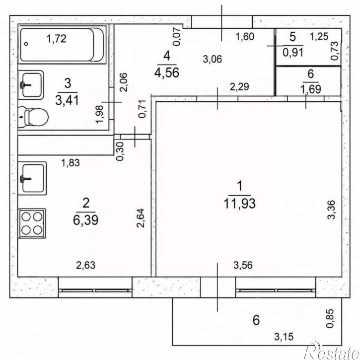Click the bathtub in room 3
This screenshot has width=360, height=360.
62,45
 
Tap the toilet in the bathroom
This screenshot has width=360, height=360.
33,117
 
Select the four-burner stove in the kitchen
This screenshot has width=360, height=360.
32,223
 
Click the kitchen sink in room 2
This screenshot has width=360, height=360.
32,178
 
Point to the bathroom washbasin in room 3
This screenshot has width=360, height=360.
31,85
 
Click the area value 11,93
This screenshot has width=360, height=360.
239,204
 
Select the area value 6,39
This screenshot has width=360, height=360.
85,219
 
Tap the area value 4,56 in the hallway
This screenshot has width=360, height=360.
167,72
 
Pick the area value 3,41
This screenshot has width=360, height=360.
67,100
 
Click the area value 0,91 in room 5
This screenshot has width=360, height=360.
293,52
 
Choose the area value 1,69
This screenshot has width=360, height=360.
311,89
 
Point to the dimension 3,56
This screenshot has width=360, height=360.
243,265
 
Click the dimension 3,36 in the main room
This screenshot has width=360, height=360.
332,210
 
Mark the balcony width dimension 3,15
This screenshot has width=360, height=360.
284,337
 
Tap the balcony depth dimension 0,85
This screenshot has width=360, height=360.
330,318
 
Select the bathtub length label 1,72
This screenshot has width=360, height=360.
57,39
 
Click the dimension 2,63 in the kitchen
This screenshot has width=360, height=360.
85,265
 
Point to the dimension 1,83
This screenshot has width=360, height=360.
71,163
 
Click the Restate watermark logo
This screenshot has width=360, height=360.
332,351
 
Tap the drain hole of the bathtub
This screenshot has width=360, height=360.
26,44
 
